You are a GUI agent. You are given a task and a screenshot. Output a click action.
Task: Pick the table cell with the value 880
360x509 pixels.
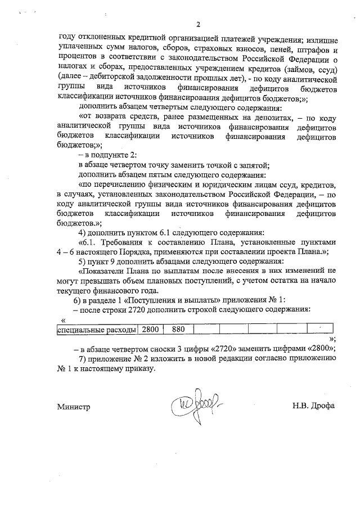click(x=178, y=330)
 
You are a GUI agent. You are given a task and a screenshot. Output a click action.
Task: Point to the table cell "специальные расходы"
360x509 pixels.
click(x=97, y=330)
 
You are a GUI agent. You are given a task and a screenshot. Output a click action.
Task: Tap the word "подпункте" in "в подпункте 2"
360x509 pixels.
click(x=112, y=155)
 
